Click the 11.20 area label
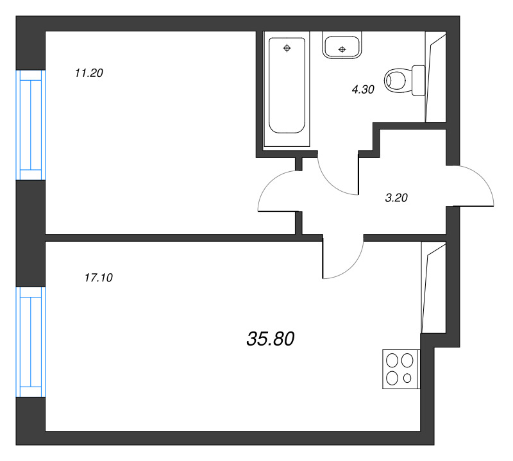pyautogui.click(x=89, y=73)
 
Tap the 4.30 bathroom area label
pyautogui.click(x=362, y=90)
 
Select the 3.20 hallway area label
pyautogui.click(x=396, y=198)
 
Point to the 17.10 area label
pyautogui.click(x=98, y=278)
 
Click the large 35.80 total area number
pyautogui.click(x=270, y=339)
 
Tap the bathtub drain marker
pyautogui.click(x=287, y=47)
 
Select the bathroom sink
pyautogui.click(x=342, y=47)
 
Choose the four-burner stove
pyautogui.click(x=400, y=369)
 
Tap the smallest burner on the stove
pyautogui.click(x=407, y=378)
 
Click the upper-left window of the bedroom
pyautogui.click(x=31, y=125)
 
